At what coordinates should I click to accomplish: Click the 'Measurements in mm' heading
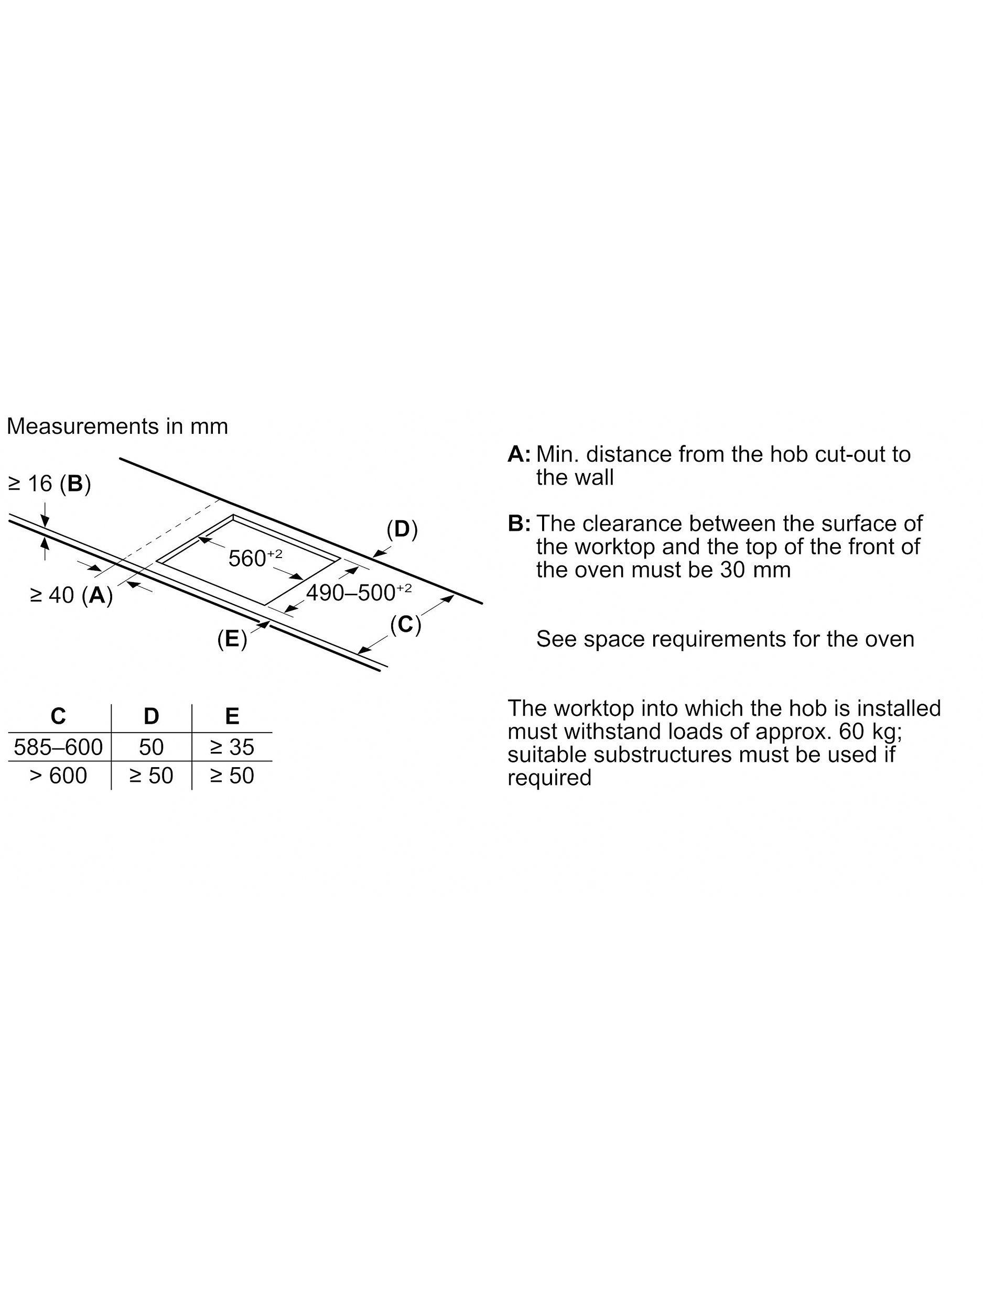pos(117,427)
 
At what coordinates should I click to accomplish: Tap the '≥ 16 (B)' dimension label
pos(50,484)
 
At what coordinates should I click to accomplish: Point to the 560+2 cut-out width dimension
pos(255,558)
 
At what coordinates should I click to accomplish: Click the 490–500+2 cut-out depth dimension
pos(359,592)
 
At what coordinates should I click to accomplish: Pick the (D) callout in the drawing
pos(402,529)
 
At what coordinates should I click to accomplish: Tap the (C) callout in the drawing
pos(405,624)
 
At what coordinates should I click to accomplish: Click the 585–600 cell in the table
pos(58,747)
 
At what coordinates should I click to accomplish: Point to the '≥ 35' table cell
pos(232,747)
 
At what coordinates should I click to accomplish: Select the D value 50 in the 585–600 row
pos(151,747)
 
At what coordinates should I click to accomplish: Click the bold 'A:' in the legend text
pos(519,455)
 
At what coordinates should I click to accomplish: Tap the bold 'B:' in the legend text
pos(519,523)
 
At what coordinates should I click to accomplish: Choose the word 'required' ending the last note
pos(549,778)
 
